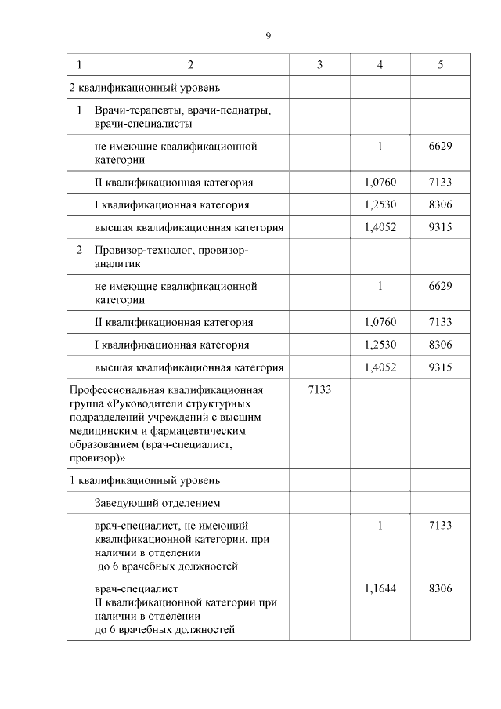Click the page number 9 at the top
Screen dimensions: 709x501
(x=268, y=35)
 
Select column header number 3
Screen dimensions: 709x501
(x=319, y=64)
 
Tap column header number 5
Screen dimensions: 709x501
(x=440, y=64)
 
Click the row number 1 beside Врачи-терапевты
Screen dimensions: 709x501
(x=79, y=110)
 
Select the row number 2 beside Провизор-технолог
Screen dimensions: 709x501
(x=79, y=251)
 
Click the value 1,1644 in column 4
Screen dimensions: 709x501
(x=380, y=588)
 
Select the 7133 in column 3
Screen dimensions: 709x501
(x=319, y=389)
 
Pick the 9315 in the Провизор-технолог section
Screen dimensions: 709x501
(x=440, y=367)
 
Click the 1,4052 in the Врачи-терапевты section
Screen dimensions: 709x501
(x=380, y=227)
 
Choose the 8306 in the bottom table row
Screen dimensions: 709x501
(x=440, y=588)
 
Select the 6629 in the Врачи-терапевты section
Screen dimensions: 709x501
(x=440, y=146)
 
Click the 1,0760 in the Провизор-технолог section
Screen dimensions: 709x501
(x=380, y=322)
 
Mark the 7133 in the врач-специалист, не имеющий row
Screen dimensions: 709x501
(x=440, y=526)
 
